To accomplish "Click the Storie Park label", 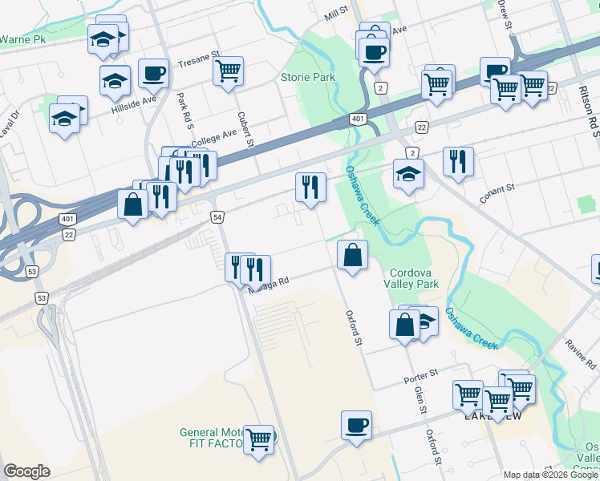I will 307,78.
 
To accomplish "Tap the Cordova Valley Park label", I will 415,278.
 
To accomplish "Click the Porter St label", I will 420,374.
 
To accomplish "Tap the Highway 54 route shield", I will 217,217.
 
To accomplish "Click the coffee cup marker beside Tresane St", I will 153,74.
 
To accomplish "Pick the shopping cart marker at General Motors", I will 258,439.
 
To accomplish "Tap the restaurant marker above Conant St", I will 458,160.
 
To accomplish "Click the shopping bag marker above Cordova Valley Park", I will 352,255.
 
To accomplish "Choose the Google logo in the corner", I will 26,471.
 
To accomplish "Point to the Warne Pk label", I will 22,38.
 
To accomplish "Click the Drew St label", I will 506,14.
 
